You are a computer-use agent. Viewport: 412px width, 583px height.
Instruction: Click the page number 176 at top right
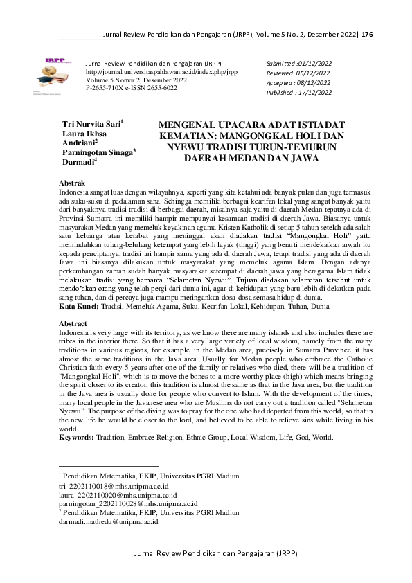[x=367, y=34]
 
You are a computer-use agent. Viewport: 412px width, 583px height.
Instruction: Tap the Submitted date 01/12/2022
[x=308, y=62]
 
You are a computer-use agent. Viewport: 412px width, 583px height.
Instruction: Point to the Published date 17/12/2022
[x=309, y=92]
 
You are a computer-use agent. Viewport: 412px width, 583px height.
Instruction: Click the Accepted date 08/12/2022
[x=308, y=82]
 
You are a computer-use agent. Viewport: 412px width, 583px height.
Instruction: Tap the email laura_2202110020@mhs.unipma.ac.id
[x=117, y=495]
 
